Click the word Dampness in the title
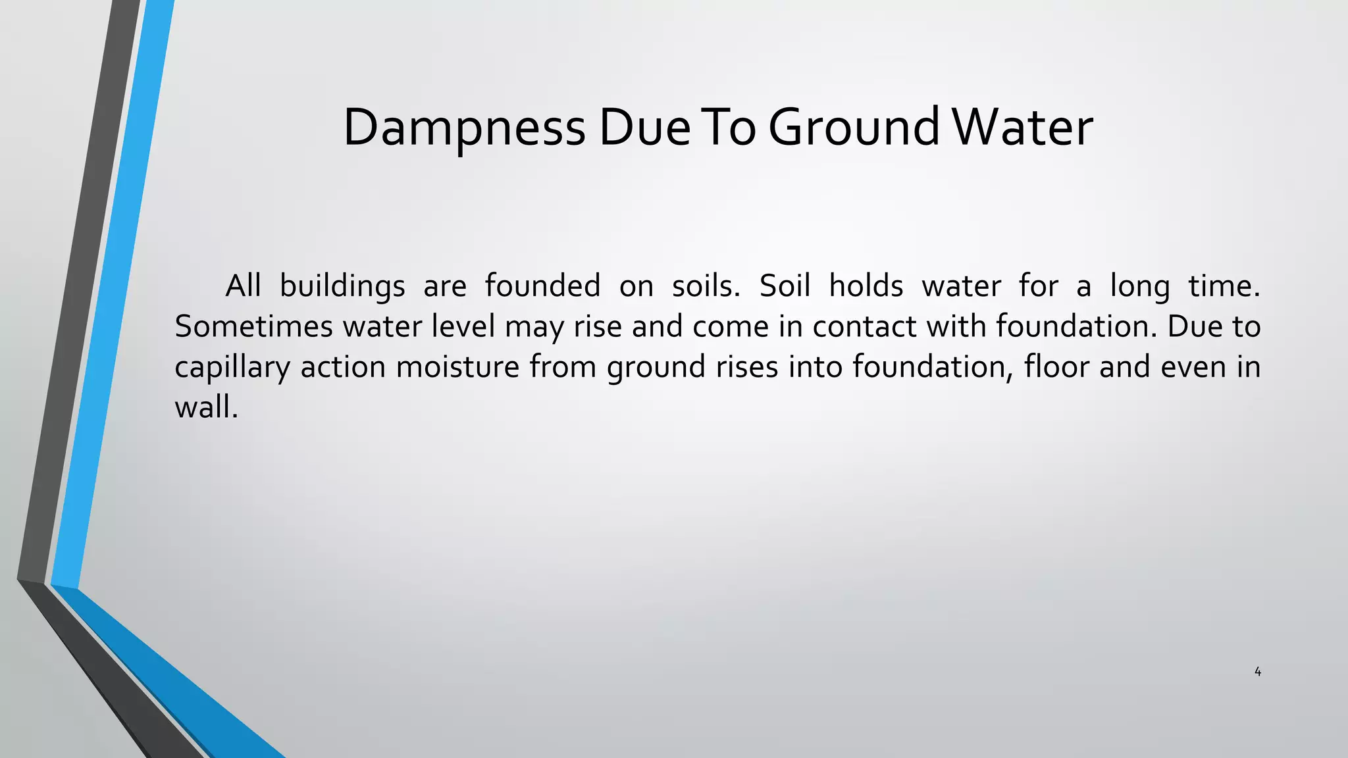pos(463,128)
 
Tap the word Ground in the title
pos(854,128)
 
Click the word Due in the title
pos(644,128)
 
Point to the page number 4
pos(1257,672)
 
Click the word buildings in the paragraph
pos(342,286)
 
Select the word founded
pos(542,286)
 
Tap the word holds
pos(866,286)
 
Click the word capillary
pos(232,367)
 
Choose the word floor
pos(1056,366)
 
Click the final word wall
pos(205,407)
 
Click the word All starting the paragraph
pos(243,286)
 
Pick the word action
pos(343,366)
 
